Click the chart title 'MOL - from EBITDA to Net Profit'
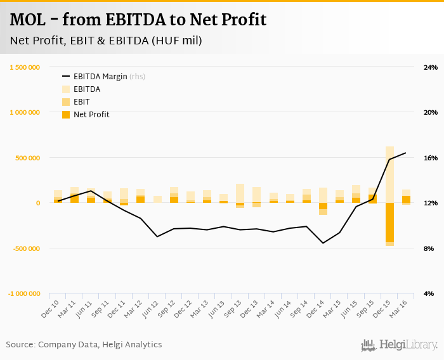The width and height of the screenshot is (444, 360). (138, 20)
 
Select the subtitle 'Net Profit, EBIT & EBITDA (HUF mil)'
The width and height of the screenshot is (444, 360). (106, 41)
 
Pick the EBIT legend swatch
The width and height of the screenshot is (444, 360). (66, 102)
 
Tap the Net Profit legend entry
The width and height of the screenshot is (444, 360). (91, 115)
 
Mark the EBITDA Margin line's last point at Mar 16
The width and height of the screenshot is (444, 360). (406, 153)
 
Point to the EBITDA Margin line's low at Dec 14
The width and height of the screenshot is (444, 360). (323, 243)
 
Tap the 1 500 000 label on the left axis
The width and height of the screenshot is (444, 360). (26, 67)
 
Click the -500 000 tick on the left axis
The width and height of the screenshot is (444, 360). (26, 248)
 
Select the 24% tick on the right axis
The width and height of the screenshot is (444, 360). (430, 67)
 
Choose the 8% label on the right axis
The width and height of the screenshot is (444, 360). (429, 248)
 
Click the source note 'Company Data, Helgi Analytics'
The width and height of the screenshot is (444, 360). (100, 345)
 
